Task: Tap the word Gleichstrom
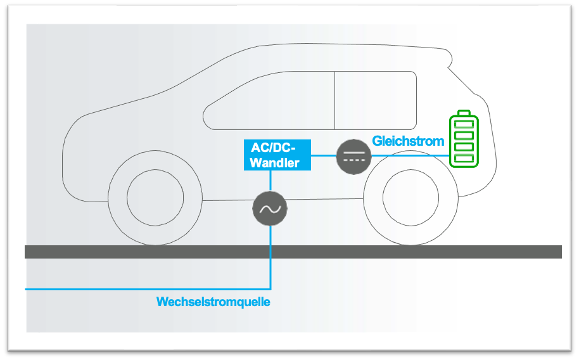[408, 141]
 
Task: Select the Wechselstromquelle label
[213, 302]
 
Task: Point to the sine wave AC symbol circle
[270, 208]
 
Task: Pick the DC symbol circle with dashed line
[353, 155]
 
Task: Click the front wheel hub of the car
[153, 197]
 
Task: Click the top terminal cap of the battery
[465, 112]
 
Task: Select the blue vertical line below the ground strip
[270, 273]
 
